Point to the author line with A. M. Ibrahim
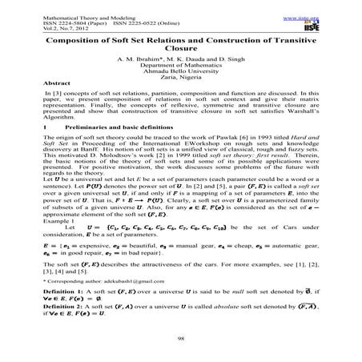[x=180, y=66]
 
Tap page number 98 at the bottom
[x=181, y=339]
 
